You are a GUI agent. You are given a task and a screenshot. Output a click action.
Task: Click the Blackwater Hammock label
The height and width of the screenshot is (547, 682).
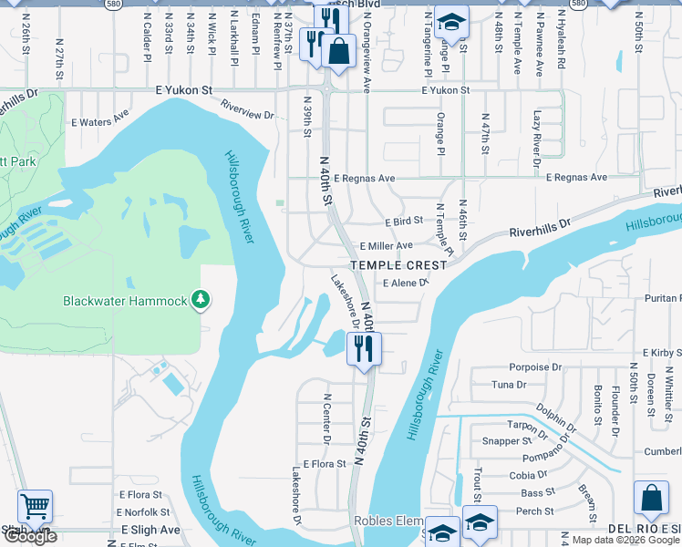[x=124, y=301]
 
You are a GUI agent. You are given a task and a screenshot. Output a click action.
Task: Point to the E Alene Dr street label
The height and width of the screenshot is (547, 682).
[x=405, y=284]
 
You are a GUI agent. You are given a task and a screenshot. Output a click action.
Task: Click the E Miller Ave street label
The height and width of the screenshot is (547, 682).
[x=386, y=246]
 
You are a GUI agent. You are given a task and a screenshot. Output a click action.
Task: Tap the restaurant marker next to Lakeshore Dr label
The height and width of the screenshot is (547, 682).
[x=364, y=346]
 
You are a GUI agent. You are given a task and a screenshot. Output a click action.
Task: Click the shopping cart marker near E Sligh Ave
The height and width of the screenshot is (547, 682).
[x=35, y=505]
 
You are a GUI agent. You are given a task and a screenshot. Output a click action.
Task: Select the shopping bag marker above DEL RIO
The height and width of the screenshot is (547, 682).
[x=651, y=498]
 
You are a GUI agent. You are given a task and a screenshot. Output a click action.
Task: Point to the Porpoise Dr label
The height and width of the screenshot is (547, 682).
[x=538, y=367]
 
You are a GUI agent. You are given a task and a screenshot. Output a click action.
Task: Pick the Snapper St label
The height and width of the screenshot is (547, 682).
[x=501, y=441]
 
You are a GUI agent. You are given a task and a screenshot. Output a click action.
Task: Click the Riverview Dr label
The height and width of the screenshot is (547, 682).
[x=246, y=114]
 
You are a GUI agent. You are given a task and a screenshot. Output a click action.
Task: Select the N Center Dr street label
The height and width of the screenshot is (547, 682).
[x=325, y=417]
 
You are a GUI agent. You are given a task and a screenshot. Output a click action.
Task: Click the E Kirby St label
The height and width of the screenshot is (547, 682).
[x=662, y=352]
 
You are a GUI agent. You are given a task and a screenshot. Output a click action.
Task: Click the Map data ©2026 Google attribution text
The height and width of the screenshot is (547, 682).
[x=625, y=540]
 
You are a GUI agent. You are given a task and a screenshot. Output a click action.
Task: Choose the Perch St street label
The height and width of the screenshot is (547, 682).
[x=535, y=511]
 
